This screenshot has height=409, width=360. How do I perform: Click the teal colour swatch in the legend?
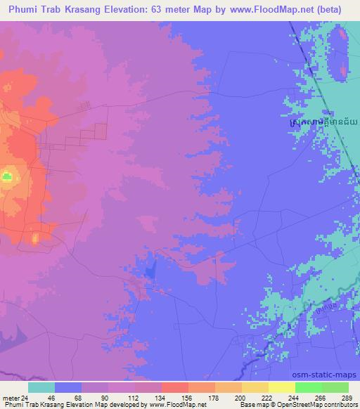tap(41, 387)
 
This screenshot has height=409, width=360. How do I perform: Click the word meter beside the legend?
tap(11, 397)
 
